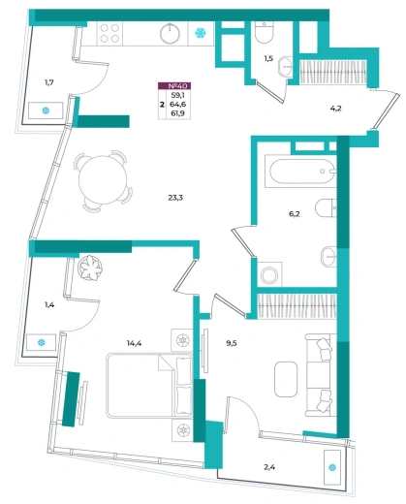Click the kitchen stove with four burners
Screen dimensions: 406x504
tap(109, 34)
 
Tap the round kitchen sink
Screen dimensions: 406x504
tap(171, 34)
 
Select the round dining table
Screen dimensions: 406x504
tap(104, 181)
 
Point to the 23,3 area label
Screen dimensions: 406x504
tap(175, 198)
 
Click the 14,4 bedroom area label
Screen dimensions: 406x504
tap(134, 343)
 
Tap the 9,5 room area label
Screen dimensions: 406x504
tap(232, 343)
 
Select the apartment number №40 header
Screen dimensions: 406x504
tap(174, 86)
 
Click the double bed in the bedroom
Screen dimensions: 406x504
tap(150, 386)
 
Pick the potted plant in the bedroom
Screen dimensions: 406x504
tap(90, 268)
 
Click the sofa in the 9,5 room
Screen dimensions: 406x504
tap(319, 375)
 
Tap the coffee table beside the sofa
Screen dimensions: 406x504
tap(286, 379)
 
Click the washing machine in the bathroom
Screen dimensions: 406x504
tap(269, 274)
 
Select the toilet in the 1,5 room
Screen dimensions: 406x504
tap(265, 32)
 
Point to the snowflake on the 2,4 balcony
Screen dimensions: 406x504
tap(332, 467)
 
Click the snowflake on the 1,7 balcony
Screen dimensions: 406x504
tap(46, 110)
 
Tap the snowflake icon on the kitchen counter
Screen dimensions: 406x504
tap(201, 33)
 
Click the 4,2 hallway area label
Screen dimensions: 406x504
tap(336, 109)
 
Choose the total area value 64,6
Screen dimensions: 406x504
tap(178, 104)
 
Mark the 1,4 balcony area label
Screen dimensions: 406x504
tap(49, 304)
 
